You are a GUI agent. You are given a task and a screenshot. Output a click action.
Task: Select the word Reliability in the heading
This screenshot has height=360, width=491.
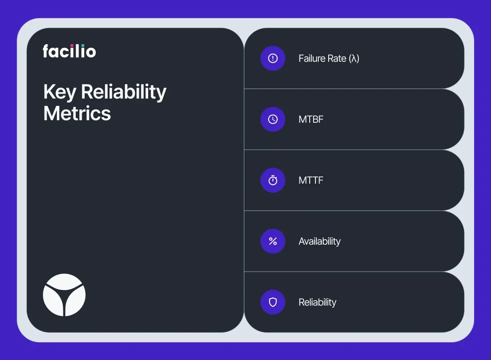click(124, 92)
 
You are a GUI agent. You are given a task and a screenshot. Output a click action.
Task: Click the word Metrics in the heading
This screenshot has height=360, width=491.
click(77, 113)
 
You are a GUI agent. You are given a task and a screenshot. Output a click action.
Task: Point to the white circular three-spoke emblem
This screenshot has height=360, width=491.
click(64, 295)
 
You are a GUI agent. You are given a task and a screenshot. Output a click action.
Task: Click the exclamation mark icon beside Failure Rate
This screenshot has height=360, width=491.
click(273, 59)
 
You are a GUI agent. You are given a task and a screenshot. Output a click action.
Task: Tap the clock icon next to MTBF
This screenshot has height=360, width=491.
click(273, 119)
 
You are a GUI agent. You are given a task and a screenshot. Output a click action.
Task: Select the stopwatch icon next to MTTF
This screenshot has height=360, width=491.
click(273, 180)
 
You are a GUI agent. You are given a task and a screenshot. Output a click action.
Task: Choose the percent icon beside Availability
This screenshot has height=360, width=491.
click(273, 241)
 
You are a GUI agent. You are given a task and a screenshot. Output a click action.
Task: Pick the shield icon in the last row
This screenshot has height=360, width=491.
click(273, 302)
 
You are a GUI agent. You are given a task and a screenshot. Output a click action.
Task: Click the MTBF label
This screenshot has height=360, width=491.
click(311, 119)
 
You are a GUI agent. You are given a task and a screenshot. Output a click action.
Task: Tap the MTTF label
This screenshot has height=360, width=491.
click(311, 180)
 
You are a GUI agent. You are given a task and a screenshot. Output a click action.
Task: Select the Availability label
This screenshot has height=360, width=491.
click(320, 241)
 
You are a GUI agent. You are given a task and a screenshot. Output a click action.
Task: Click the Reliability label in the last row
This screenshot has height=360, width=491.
click(318, 302)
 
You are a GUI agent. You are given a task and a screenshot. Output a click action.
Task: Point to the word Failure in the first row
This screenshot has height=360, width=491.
click(311, 59)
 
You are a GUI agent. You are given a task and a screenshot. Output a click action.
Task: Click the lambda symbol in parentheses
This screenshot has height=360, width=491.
click(354, 59)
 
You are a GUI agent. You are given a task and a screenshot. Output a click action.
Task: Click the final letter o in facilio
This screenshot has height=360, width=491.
click(91, 52)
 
